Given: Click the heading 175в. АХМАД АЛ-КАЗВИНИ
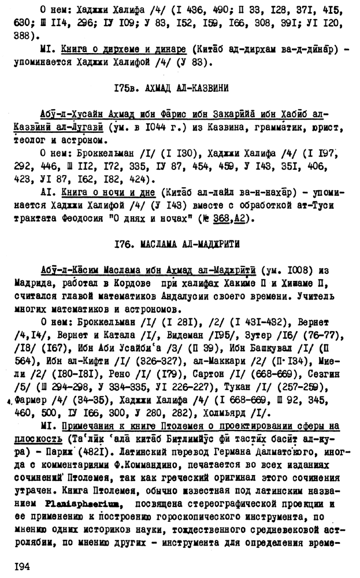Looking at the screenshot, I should (x=172, y=88).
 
